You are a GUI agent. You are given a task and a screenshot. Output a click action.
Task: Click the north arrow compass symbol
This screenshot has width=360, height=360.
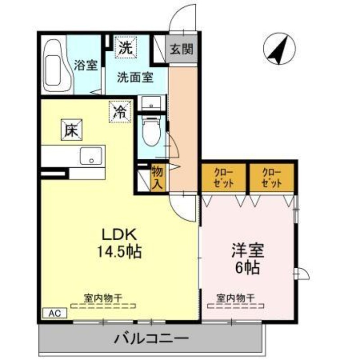[x=278, y=49]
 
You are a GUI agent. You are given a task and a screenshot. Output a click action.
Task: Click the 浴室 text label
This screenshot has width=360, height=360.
[x=85, y=66]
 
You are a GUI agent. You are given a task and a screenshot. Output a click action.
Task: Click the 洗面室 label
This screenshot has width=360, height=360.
[x=135, y=77]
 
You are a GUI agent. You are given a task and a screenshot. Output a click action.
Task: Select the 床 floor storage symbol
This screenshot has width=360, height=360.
[x=72, y=130]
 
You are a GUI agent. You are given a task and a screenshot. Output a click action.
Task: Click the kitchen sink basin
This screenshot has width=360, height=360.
[x=92, y=156]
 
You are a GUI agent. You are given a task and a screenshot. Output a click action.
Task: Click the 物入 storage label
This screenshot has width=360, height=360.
[x=158, y=177]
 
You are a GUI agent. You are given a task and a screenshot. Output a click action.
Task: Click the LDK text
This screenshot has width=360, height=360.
[x=118, y=234]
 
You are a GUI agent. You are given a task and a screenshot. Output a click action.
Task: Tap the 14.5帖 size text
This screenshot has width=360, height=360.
[x=119, y=252]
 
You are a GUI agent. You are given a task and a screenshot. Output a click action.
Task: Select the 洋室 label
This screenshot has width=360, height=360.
[x=247, y=250]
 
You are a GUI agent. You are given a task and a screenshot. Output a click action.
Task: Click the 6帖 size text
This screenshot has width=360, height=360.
[x=247, y=268]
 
